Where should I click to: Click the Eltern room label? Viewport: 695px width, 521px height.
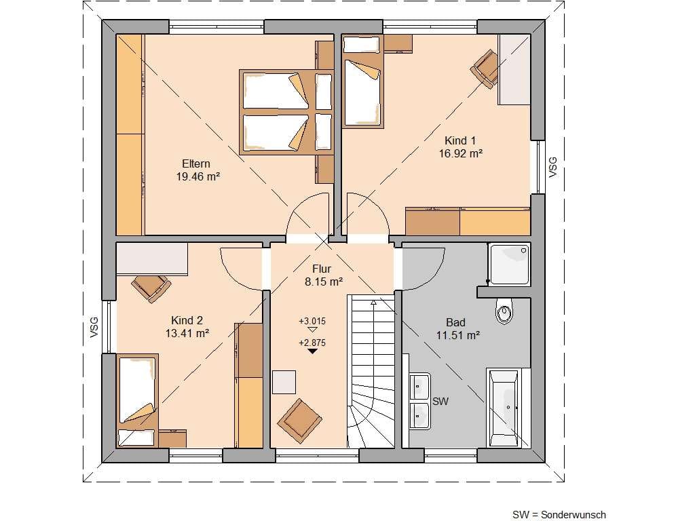[196, 163]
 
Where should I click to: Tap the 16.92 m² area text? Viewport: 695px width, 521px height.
[461, 153]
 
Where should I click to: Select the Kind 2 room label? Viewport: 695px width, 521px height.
[187, 320]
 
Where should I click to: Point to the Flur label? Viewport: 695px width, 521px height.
[322, 269]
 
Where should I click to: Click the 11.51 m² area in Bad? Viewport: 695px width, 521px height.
[458, 335]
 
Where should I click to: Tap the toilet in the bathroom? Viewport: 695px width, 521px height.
[504, 311]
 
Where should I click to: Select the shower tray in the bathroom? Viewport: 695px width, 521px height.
[509, 265]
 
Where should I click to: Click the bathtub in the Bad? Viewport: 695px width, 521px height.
[504, 408]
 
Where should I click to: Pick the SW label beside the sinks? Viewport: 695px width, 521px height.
[440, 401]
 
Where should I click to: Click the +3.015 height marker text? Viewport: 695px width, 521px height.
[312, 321]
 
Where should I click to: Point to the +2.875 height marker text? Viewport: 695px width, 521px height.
[312, 343]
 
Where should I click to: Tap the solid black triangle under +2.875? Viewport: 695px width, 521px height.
[312, 351]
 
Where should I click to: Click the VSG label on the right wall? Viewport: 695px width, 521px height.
[552, 168]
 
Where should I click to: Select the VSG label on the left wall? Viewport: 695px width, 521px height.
[94, 327]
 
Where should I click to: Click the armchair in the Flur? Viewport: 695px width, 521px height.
[299, 421]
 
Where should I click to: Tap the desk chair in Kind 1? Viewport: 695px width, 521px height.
[485, 69]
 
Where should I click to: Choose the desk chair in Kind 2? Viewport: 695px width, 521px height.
[151, 288]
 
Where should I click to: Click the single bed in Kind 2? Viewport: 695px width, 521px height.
[138, 400]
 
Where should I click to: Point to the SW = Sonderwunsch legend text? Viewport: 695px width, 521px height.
[559, 514]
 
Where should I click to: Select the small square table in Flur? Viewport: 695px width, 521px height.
[284, 382]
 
